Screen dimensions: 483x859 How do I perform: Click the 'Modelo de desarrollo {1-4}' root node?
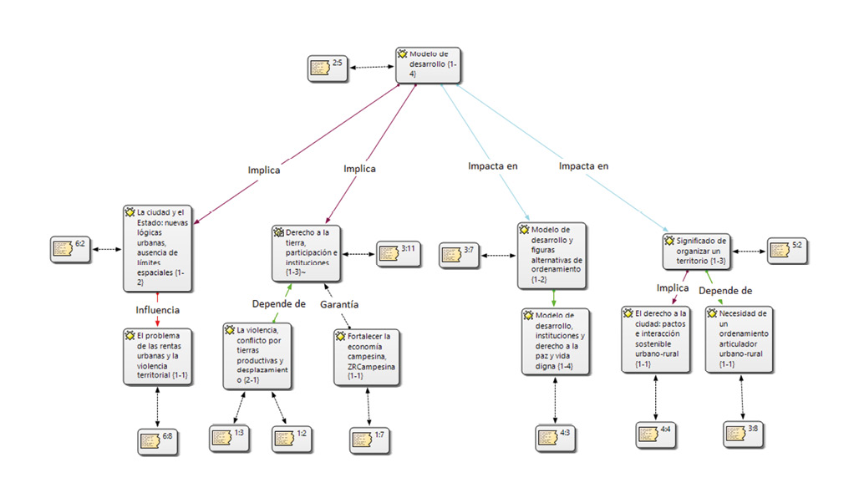click(x=428, y=64)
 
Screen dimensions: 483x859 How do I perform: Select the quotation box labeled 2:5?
click(x=328, y=67)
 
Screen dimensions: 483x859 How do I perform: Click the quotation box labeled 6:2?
click(x=70, y=248)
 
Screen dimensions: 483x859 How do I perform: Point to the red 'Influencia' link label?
click(x=158, y=309)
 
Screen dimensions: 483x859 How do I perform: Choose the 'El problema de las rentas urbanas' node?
click(x=158, y=356)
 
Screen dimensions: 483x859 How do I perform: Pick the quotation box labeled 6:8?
click(x=157, y=440)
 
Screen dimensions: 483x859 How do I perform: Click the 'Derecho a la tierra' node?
click(x=306, y=252)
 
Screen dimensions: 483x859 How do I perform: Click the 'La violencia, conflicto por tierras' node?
click(x=257, y=356)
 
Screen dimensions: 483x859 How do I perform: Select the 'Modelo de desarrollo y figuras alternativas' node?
click(x=552, y=254)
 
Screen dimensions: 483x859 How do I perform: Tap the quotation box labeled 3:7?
click(x=460, y=254)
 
